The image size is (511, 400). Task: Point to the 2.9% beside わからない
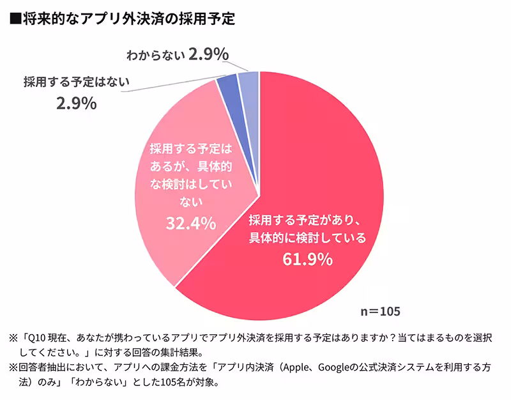pos(208,54)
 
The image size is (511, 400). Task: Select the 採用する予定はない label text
pos(76,81)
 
